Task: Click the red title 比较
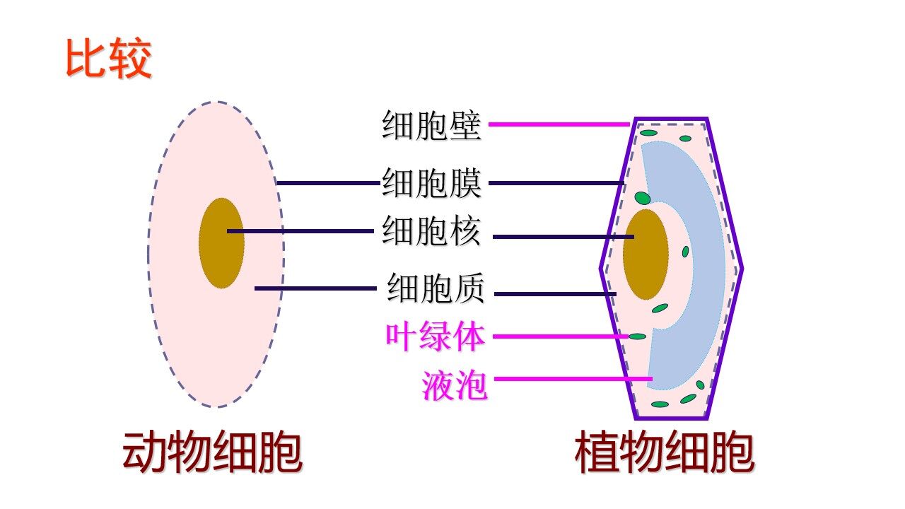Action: pyautogui.click(x=108, y=59)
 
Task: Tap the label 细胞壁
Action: pyautogui.click(x=431, y=126)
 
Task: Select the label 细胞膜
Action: pyautogui.click(x=431, y=184)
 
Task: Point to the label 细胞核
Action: pyautogui.click(x=431, y=232)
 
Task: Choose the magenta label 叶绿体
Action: pyautogui.click(x=435, y=337)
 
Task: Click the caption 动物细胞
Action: pyautogui.click(x=212, y=452)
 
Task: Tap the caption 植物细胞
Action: pyautogui.click(x=664, y=452)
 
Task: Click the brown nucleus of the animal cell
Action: pyautogui.click(x=221, y=243)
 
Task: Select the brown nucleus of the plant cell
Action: pyautogui.click(x=646, y=255)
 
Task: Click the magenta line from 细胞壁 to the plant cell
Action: pyautogui.click(x=559, y=124)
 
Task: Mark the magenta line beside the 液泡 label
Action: pyautogui.click(x=573, y=379)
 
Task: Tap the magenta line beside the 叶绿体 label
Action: pyautogui.click(x=559, y=337)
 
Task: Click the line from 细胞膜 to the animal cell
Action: pyautogui.click(x=327, y=183)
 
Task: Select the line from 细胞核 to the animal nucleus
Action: pyautogui.click(x=300, y=231)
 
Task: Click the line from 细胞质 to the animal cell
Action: pyautogui.click(x=315, y=288)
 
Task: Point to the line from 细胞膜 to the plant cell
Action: pyautogui.click(x=556, y=184)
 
